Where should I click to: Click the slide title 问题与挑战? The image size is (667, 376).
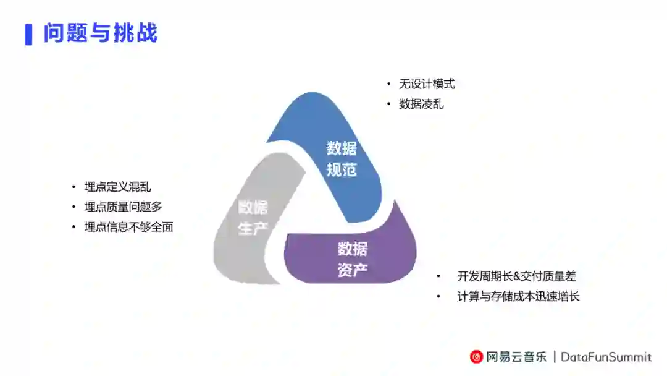[100, 33]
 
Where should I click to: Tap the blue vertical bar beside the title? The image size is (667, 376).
[28, 34]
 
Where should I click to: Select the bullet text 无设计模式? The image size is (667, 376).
[427, 84]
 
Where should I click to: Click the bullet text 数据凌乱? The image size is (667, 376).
[421, 104]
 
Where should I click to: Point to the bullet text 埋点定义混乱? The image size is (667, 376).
[117, 187]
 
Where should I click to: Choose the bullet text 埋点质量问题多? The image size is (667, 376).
[123, 207]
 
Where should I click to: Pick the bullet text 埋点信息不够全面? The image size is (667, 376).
[128, 227]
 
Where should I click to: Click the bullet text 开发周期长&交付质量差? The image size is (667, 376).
[516, 276]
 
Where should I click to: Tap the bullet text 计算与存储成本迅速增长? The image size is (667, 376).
[518, 296]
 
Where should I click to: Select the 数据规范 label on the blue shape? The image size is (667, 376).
[342, 159]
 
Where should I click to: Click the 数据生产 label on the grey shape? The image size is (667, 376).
[253, 218]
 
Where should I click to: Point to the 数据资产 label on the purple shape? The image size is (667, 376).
[353, 259]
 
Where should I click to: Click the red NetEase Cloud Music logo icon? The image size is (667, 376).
[476, 357]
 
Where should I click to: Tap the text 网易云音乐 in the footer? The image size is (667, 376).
[516, 357]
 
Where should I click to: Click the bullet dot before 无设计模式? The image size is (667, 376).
[389, 84]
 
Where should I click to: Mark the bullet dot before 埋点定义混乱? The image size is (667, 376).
[74, 187]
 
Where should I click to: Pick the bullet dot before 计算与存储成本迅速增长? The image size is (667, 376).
[439, 296]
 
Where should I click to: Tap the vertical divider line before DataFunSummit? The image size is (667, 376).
[555, 357]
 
